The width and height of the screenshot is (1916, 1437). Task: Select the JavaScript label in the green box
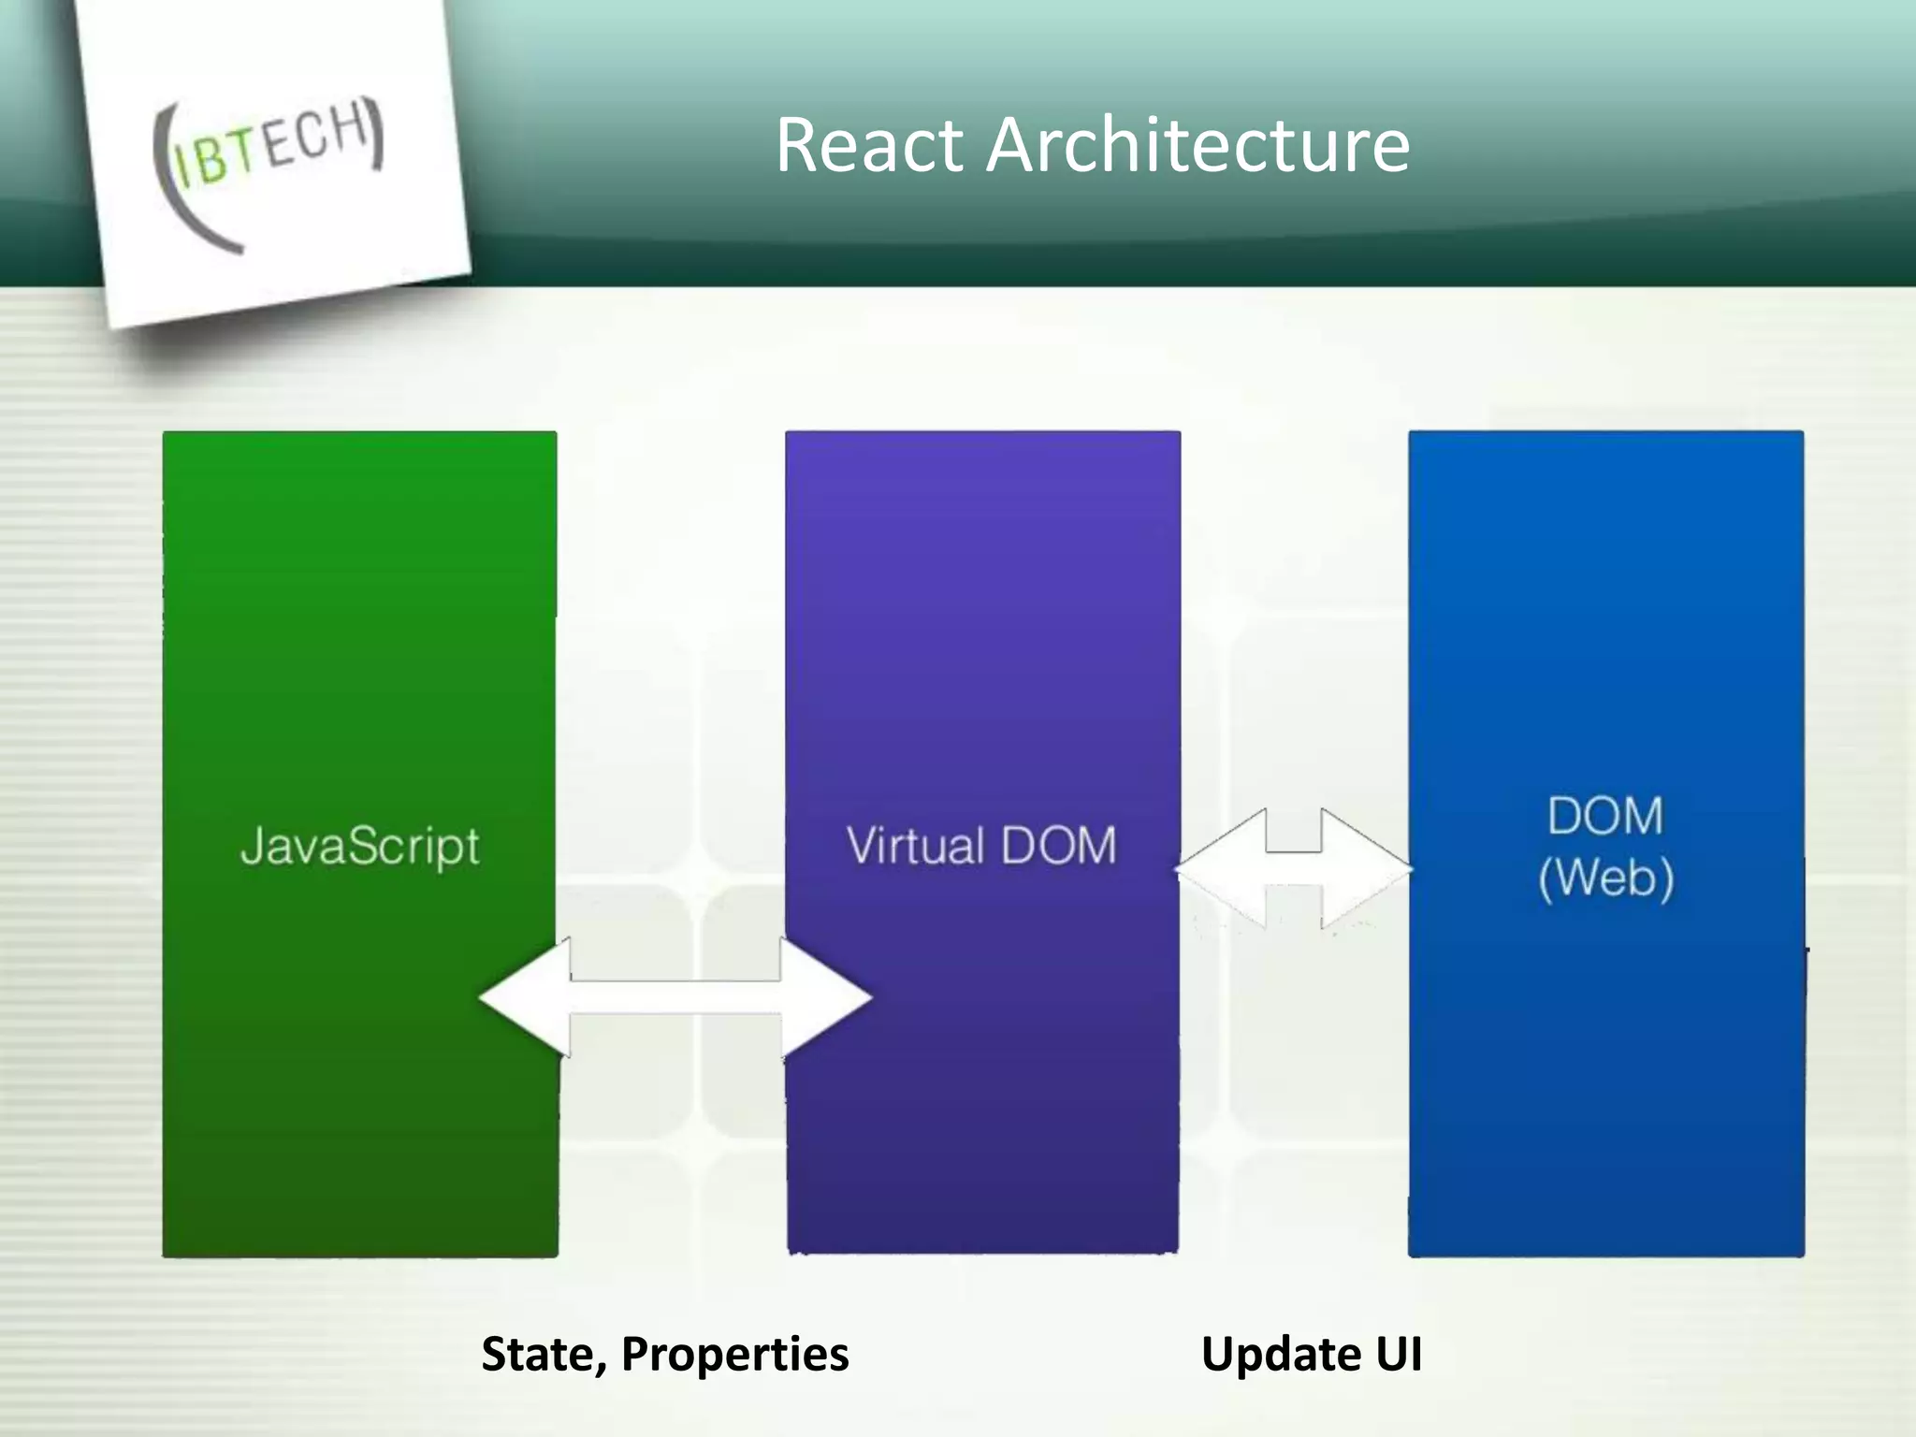(360, 847)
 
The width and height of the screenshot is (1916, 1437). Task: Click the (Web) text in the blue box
(1605, 878)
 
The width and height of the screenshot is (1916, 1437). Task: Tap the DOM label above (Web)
(1605, 816)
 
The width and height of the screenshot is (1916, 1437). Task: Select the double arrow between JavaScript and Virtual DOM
(675, 998)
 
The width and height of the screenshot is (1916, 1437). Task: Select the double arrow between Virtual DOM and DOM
(1294, 869)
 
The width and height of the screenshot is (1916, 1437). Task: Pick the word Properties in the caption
(734, 1354)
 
